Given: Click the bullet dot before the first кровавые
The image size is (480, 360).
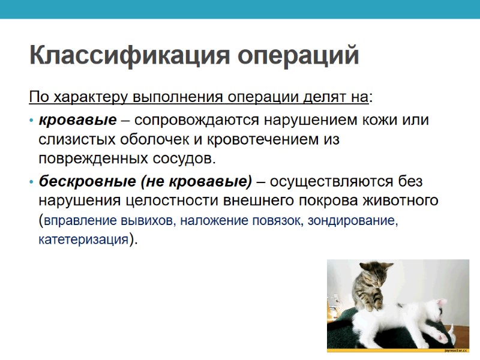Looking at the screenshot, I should tap(31, 120).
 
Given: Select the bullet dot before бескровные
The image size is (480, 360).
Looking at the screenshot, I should tap(31, 182).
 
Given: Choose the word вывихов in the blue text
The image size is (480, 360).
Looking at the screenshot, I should tap(148, 220).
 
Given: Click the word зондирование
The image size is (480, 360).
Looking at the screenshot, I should tap(352, 220).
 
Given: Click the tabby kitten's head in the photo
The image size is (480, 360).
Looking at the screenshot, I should tap(371, 275).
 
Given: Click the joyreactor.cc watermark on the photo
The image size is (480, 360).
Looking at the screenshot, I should tap(455, 349).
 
